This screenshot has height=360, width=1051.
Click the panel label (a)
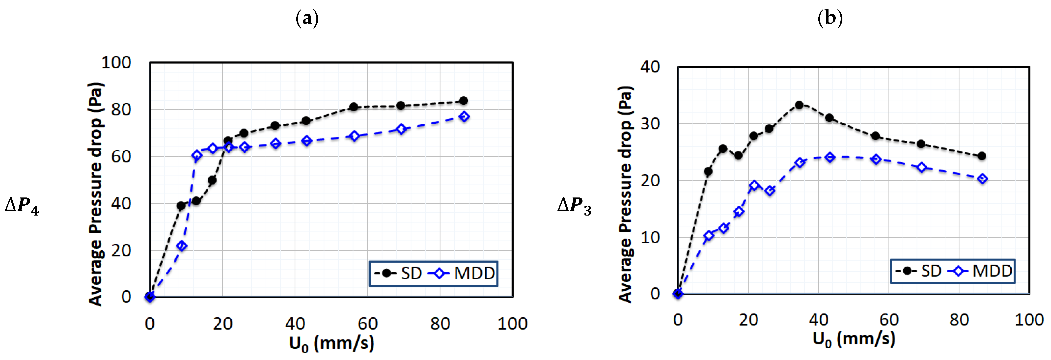coord(307,18)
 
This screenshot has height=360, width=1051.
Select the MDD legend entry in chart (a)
coord(463,273)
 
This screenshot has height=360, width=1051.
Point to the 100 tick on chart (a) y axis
coord(116,63)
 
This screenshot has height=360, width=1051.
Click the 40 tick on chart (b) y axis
coord(650,67)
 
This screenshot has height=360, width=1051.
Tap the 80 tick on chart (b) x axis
coord(959,320)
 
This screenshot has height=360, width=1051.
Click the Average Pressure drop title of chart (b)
coord(625,194)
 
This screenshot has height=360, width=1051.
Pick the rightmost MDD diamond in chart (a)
coord(464,117)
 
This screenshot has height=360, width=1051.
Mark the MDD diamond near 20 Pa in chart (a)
coord(182,246)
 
